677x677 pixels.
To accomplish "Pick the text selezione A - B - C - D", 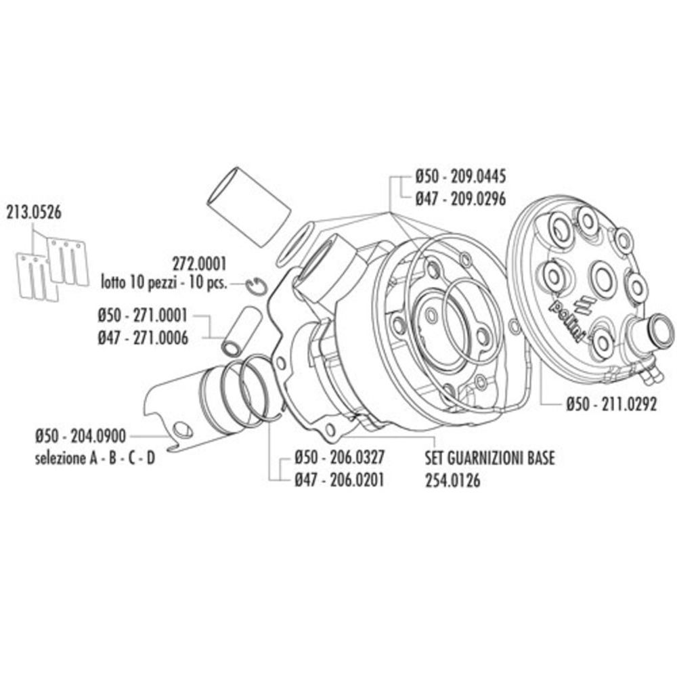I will (94, 458).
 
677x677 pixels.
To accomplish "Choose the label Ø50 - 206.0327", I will (340, 458).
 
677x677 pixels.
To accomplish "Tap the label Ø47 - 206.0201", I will (340, 479).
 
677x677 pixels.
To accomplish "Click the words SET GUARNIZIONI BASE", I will (489, 458).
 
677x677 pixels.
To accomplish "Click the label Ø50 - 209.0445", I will (460, 177).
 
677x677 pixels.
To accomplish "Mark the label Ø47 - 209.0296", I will (460, 197).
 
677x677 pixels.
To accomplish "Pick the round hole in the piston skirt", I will (181, 430).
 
